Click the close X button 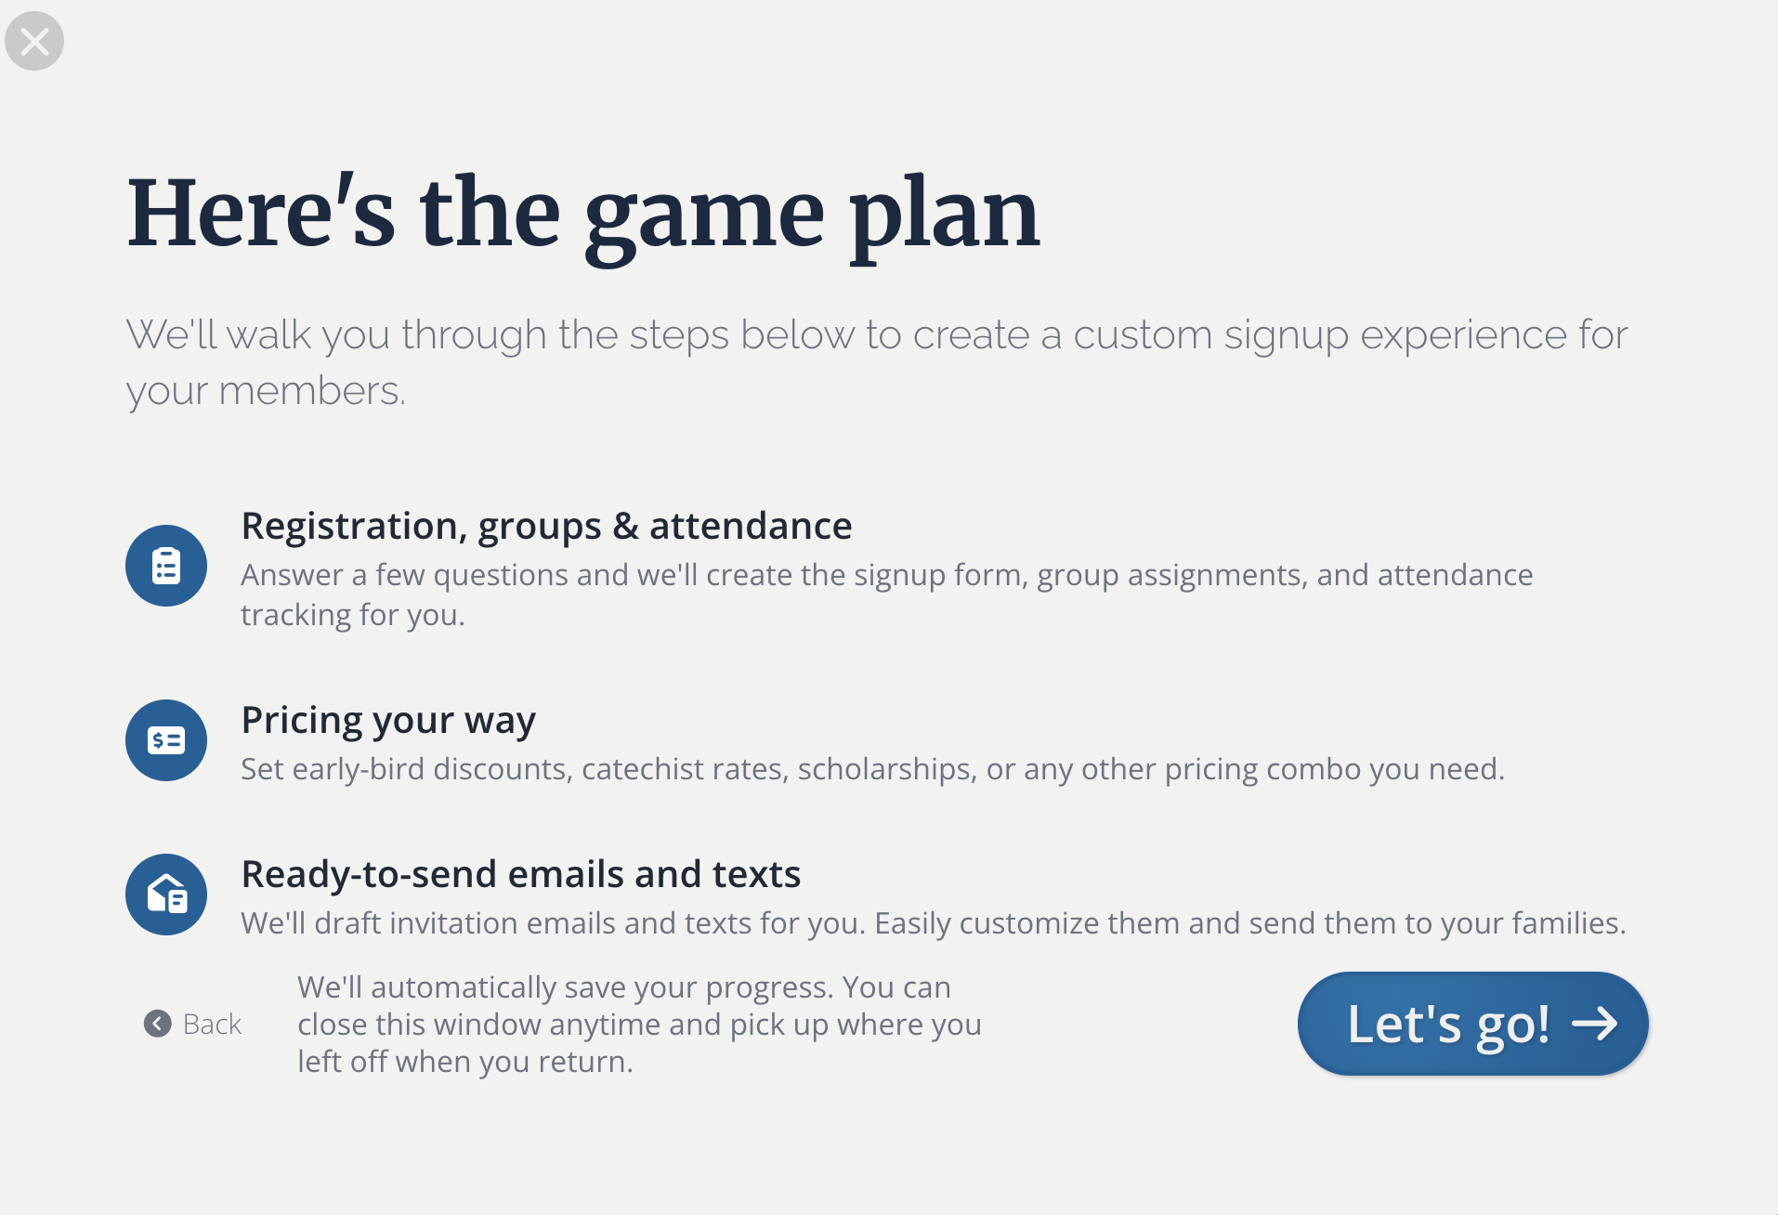34,41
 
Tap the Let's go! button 1472,1024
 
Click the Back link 193,1024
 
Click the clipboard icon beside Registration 166,566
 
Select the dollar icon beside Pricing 166,740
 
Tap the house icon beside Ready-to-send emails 166,895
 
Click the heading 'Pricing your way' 388,721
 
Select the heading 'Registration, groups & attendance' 546,527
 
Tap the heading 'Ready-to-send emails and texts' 521,874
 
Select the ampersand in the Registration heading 626,526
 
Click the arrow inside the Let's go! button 1595,1024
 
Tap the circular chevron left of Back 158,1024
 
